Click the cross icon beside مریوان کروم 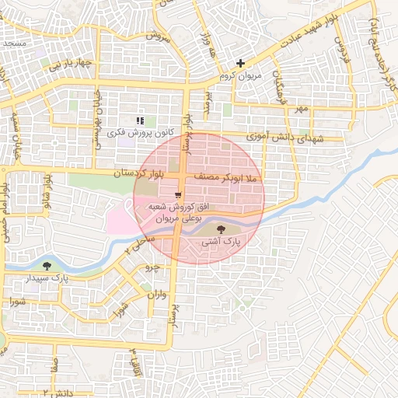click(x=241, y=63)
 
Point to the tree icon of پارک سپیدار click(x=47, y=265)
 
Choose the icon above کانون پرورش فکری click(x=140, y=120)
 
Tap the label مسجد click(x=15, y=45)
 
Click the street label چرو click(x=153, y=266)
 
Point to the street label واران click(x=155, y=295)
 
